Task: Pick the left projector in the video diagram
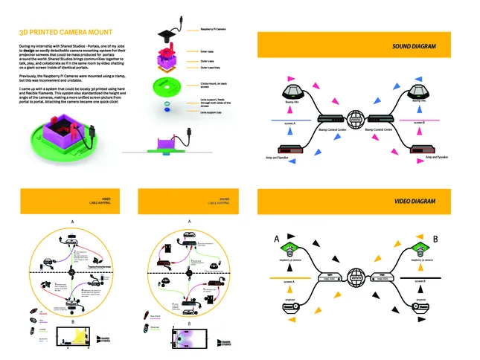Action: pos(287,306)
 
